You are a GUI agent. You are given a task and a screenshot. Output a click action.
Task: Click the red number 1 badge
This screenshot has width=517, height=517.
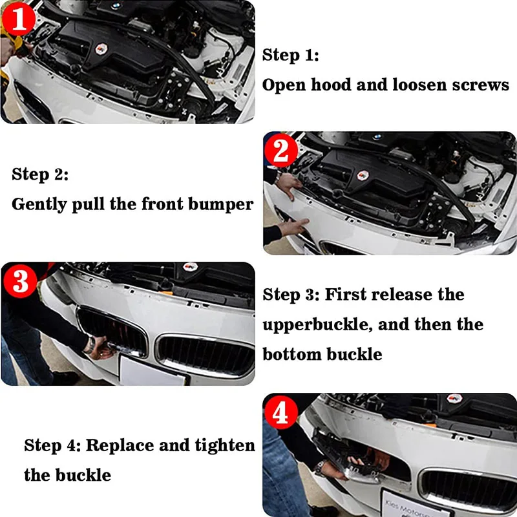click(19, 19)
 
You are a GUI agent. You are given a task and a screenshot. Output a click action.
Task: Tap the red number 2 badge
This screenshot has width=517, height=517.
click(281, 151)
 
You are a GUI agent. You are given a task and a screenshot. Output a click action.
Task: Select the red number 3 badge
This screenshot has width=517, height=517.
click(21, 281)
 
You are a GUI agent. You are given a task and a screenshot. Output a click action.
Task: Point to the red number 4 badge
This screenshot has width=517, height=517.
click(281, 412)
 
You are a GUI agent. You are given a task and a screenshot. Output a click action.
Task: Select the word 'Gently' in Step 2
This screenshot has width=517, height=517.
click(39, 205)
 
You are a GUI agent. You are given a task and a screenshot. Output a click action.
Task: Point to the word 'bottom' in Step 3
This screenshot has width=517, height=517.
click(292, 354)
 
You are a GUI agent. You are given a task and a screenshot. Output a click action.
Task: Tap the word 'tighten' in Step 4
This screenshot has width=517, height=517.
click(225, 446)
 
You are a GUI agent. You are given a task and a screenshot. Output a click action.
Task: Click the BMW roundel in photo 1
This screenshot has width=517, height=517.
click(116, 6)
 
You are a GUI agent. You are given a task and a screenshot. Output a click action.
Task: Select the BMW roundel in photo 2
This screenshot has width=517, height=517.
click(378, 136)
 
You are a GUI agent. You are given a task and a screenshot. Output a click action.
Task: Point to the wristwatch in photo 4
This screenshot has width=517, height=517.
click(321, 467)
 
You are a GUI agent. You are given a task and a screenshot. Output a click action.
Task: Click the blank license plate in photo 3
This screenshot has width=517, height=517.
click(154, 370)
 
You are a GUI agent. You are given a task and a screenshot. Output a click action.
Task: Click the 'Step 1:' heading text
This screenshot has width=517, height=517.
click(290, 56)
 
